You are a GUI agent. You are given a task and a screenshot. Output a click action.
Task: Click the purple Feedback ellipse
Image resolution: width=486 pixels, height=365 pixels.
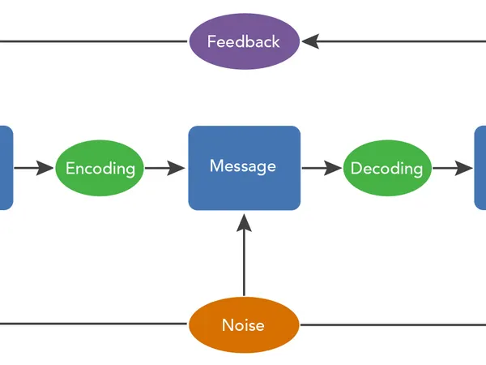(244, 41)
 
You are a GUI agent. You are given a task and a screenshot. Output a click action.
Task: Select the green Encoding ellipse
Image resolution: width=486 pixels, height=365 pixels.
(100, 169)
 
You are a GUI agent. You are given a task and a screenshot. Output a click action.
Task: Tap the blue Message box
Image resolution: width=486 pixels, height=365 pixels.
(244, 168)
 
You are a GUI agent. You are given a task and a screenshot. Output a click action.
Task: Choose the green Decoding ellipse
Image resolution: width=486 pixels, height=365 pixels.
(386, 169)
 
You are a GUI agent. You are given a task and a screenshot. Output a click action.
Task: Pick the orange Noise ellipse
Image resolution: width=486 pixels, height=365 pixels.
(244, 325)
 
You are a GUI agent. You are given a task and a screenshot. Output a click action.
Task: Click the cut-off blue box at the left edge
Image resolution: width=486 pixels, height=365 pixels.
(6, 168)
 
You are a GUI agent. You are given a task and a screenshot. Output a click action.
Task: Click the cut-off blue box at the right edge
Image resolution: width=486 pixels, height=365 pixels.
(480, 168)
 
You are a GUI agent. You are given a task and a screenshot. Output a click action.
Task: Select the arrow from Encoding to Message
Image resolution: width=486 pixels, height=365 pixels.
(165, 169)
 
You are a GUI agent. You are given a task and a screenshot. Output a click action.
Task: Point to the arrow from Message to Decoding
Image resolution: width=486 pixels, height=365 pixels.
(322, 169)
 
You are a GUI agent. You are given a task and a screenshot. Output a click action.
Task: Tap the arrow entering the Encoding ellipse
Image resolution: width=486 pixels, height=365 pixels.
(33, 169)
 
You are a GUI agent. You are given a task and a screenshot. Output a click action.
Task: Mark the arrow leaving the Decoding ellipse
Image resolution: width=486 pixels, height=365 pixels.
(451, 169)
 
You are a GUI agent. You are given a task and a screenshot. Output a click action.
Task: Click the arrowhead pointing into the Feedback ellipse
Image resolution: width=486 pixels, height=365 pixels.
(310, 41)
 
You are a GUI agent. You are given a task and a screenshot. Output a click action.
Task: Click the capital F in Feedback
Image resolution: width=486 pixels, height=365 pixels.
(212, 41)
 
